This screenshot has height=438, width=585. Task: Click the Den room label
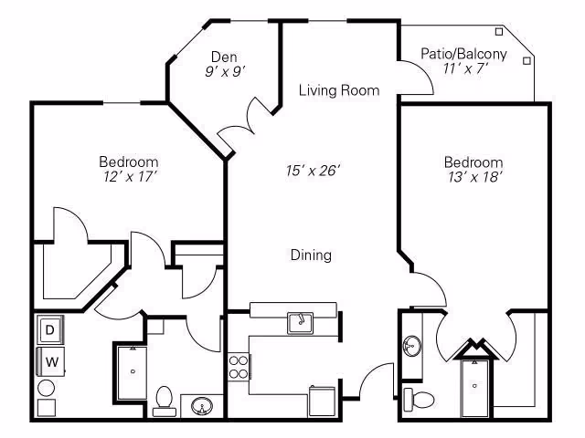224,57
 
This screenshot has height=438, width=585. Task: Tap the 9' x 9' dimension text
225,71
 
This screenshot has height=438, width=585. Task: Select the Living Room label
339,90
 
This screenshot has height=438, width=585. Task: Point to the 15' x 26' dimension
313,171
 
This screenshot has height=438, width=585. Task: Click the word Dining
311,255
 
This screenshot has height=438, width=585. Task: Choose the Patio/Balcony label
463,54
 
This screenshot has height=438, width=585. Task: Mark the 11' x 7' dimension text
465,68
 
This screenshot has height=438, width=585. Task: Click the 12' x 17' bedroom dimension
130,176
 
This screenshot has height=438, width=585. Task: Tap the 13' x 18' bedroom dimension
473,177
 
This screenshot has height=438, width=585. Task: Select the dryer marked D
50,329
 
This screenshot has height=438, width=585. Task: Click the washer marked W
51,361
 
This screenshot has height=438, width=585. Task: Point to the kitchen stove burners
239,367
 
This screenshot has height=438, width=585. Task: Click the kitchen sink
300,323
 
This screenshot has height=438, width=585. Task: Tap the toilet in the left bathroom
164,401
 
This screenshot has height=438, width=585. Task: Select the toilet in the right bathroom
419,399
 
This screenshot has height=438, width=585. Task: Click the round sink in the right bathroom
412,346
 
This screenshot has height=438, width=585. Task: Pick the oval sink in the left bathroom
201,405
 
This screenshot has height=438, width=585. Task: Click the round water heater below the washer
47,388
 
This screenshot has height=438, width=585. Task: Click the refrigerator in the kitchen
322,401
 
